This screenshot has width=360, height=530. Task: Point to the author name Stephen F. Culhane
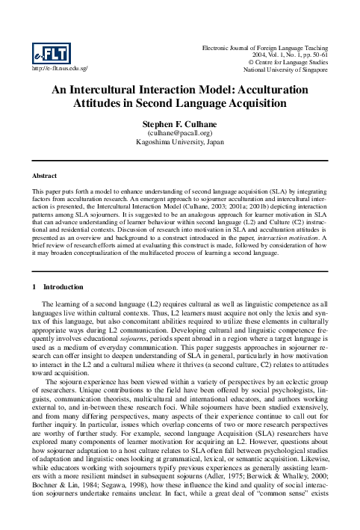pos(180,123)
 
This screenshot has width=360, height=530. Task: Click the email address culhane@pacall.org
pos(180,132)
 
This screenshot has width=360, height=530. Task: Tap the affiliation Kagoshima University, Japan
pos(180,141)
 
